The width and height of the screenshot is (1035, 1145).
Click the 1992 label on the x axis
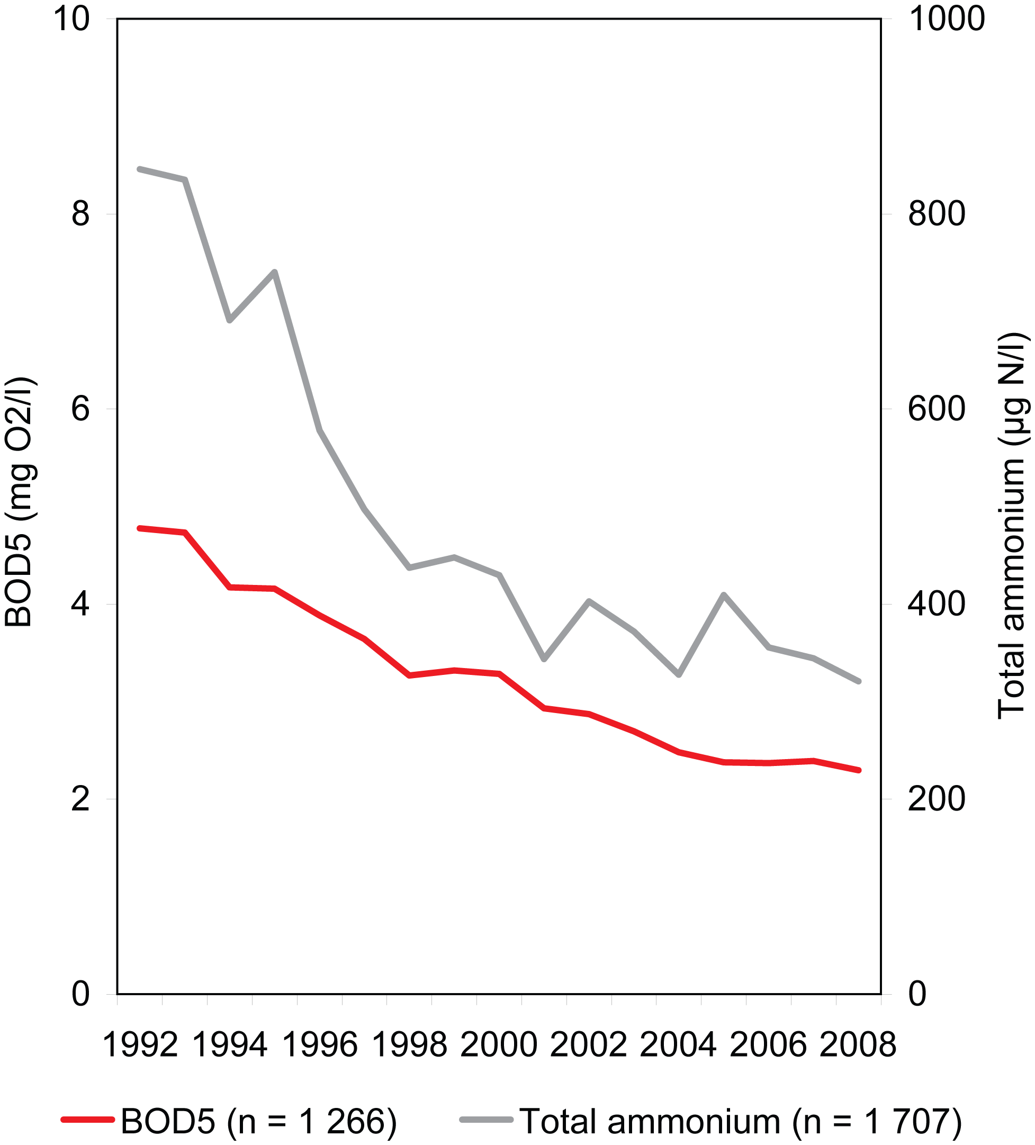[140, 1045]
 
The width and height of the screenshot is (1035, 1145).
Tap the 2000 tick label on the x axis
[499, 1045]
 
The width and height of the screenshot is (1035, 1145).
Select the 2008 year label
[858, 1045]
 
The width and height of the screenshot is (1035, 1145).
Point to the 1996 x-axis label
[320, 1045]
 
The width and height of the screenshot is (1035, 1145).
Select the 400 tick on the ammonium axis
[937, 604]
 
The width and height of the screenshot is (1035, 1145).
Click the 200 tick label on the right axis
[937, 799]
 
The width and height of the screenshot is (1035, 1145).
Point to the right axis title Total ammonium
[1012, 525]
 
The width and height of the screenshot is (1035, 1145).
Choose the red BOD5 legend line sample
[88, 1120]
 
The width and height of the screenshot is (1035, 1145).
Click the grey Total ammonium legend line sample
[487, 1120]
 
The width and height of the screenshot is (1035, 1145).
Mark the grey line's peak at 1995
[274, 272]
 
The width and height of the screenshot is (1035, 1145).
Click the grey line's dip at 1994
[229, 321]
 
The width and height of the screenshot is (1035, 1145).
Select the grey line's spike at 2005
[724, 594]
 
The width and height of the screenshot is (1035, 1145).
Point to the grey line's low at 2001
[544, 660]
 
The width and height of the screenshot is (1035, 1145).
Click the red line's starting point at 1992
[140, 528]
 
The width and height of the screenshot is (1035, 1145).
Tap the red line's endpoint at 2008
[859, 770]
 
